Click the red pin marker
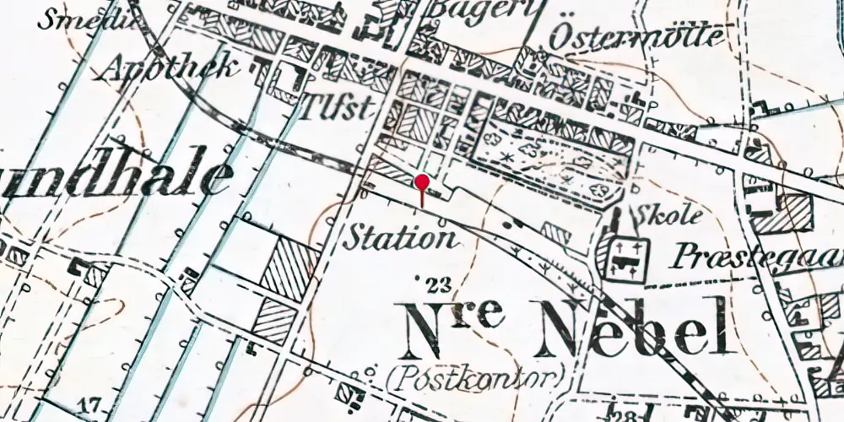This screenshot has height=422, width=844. point(422,183)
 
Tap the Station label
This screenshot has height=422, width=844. point(401,238)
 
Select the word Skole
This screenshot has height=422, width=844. point(672,216)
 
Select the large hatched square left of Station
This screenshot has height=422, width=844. point(289,267)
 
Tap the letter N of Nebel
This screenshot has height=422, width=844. point(559,329)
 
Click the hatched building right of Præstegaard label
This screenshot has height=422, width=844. point(783,213)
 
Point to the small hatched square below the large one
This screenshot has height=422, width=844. point(276,321)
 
